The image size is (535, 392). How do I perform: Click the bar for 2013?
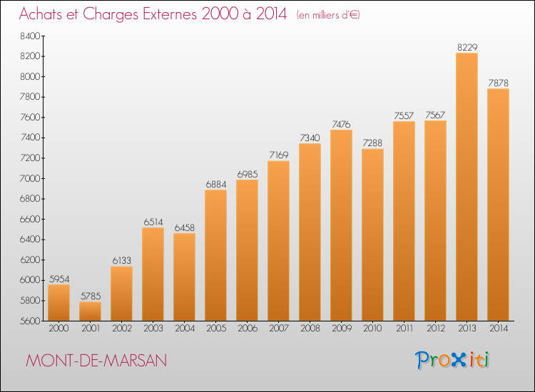(x=467, y=187)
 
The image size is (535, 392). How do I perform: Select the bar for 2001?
(x=90, y=311)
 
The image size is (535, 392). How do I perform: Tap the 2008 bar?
(x=310, y=232)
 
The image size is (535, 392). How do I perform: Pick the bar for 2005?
(x=215, y=255)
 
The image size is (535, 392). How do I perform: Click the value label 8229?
(x=467, y=47)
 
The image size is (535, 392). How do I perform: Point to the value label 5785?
(x=91, y=296)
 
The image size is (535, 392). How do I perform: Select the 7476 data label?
(x=341, y=125)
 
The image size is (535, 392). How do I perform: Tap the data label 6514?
(x=153, y=222)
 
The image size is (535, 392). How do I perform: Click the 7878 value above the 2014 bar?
(x=498, y=83)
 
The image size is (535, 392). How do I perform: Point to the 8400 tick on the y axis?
(x=30, y=36)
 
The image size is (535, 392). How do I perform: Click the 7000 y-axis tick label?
(x=30, y=179)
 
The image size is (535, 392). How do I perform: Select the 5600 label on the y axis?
(x=30, y=321)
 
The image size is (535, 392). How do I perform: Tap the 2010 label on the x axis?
(x=372, y=329)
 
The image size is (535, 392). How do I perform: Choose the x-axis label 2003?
(x=153, y=329)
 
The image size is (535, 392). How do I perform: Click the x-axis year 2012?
(x=436, y=329)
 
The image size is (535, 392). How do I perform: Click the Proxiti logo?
(x=452, y=360)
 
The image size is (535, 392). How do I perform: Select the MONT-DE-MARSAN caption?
(x=96, y=361)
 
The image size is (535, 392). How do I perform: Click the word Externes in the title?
(x=169, y=14)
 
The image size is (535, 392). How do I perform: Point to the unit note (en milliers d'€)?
(x=328, y=15)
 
